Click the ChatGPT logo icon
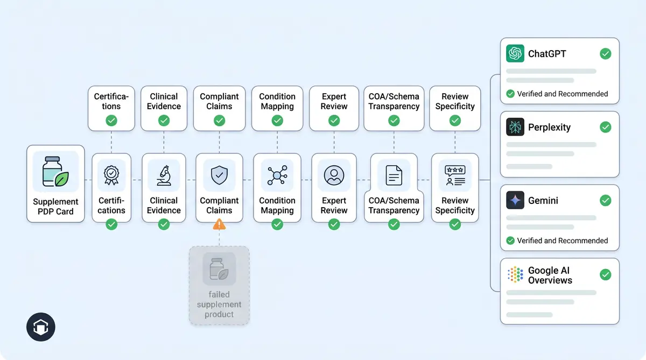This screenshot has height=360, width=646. click(x=515, y=54)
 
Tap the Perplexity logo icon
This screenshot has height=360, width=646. click(x=515, y=128)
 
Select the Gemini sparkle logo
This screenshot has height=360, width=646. click(x=515, y=201)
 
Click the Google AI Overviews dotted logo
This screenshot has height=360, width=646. click(x=515, y=274)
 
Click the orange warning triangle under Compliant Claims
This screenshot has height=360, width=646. click(x=219, y=224)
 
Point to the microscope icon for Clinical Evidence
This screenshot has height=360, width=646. click(x=164, y=175)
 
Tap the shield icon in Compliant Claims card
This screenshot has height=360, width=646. click(x=219, y=175)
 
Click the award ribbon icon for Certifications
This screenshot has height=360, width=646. click(x=111, y=175)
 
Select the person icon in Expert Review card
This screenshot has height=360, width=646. click(x=334, y=175)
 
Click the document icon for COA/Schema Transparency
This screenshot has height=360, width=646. click(x=394, y=175)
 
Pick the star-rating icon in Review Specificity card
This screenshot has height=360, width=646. click(x=455, y=175)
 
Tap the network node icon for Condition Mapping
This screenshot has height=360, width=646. click(x=277, y=175)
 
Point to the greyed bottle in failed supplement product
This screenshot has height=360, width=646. click(x=219, y=269)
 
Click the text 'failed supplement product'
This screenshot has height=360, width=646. click(x=219, y=304)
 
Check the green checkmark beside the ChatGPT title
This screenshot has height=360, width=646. click(x=606, y=54)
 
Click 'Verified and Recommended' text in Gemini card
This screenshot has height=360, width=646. click(x=562, y=241)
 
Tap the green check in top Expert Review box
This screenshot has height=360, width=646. click(x=334, y=121)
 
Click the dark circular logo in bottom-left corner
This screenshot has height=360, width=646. click(x=41, y=327)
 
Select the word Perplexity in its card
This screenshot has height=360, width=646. click(x=549, y=128)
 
